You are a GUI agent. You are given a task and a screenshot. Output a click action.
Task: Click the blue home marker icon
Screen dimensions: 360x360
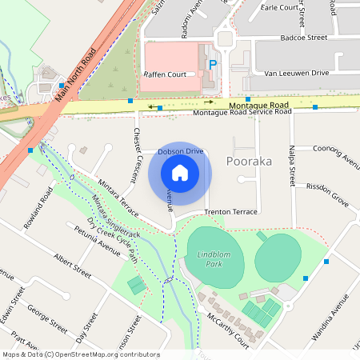(x=180, y=172)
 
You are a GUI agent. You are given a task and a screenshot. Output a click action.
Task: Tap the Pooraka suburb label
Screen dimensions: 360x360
(x=250, y=161)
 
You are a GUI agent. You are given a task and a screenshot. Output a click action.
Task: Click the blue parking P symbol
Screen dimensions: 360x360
(x=212, y=64)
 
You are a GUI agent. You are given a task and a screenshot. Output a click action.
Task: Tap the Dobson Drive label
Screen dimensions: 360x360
(x=180, y=150)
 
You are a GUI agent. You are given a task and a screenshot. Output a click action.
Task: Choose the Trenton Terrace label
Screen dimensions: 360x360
(x=231, y=212)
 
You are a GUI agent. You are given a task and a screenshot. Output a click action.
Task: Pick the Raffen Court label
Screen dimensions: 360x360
(x=169, y=74)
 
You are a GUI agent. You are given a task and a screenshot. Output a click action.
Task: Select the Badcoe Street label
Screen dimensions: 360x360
(x=302, y=38)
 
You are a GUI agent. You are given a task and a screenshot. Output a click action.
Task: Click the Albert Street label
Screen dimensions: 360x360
(x=73, y=262)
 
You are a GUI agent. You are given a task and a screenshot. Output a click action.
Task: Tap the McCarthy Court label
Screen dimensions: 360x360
(x=226, y=326)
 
